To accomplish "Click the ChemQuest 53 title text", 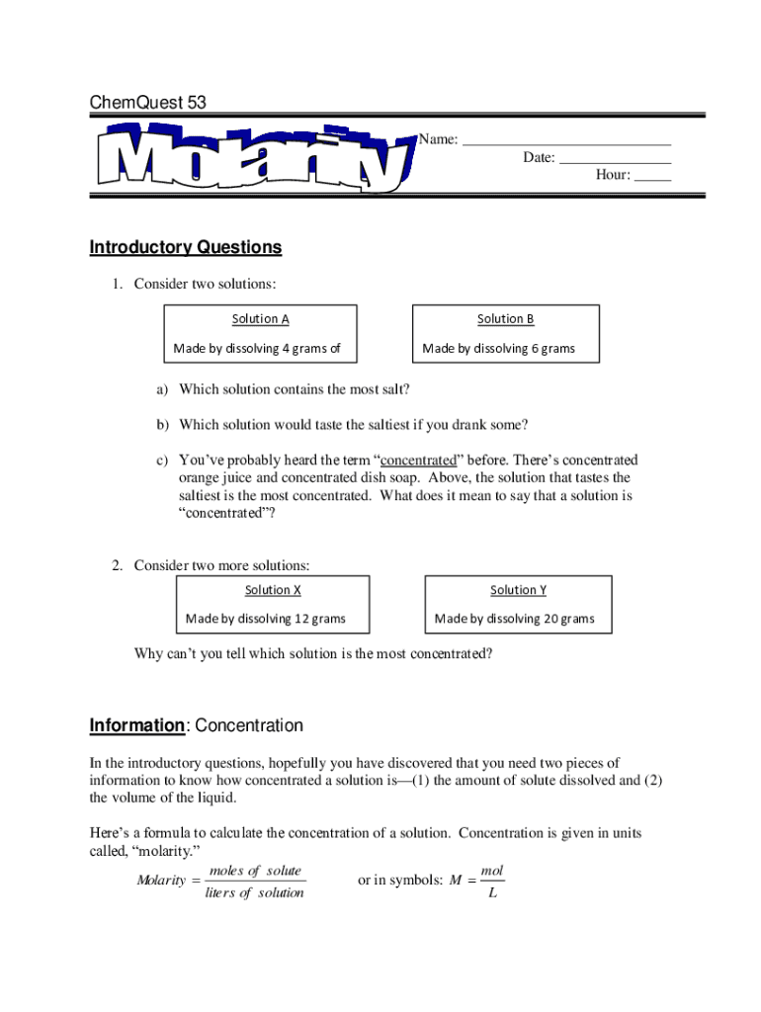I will [148, 103].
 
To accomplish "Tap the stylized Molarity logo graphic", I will [253, 157].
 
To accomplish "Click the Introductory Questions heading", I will [186, 247].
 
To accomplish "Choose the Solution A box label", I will [261, 318].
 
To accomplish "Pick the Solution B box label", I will [505, 318].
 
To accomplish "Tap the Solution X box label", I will [274, 590].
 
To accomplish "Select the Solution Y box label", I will [518, 590].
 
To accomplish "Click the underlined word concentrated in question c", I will [418, 461].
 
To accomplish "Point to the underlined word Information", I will [136, 725].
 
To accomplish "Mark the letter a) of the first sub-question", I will [161, 389].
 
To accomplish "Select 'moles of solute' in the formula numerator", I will [255, 871].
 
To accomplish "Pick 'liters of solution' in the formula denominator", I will [254, 893].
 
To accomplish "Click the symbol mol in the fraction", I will [491, 871].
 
